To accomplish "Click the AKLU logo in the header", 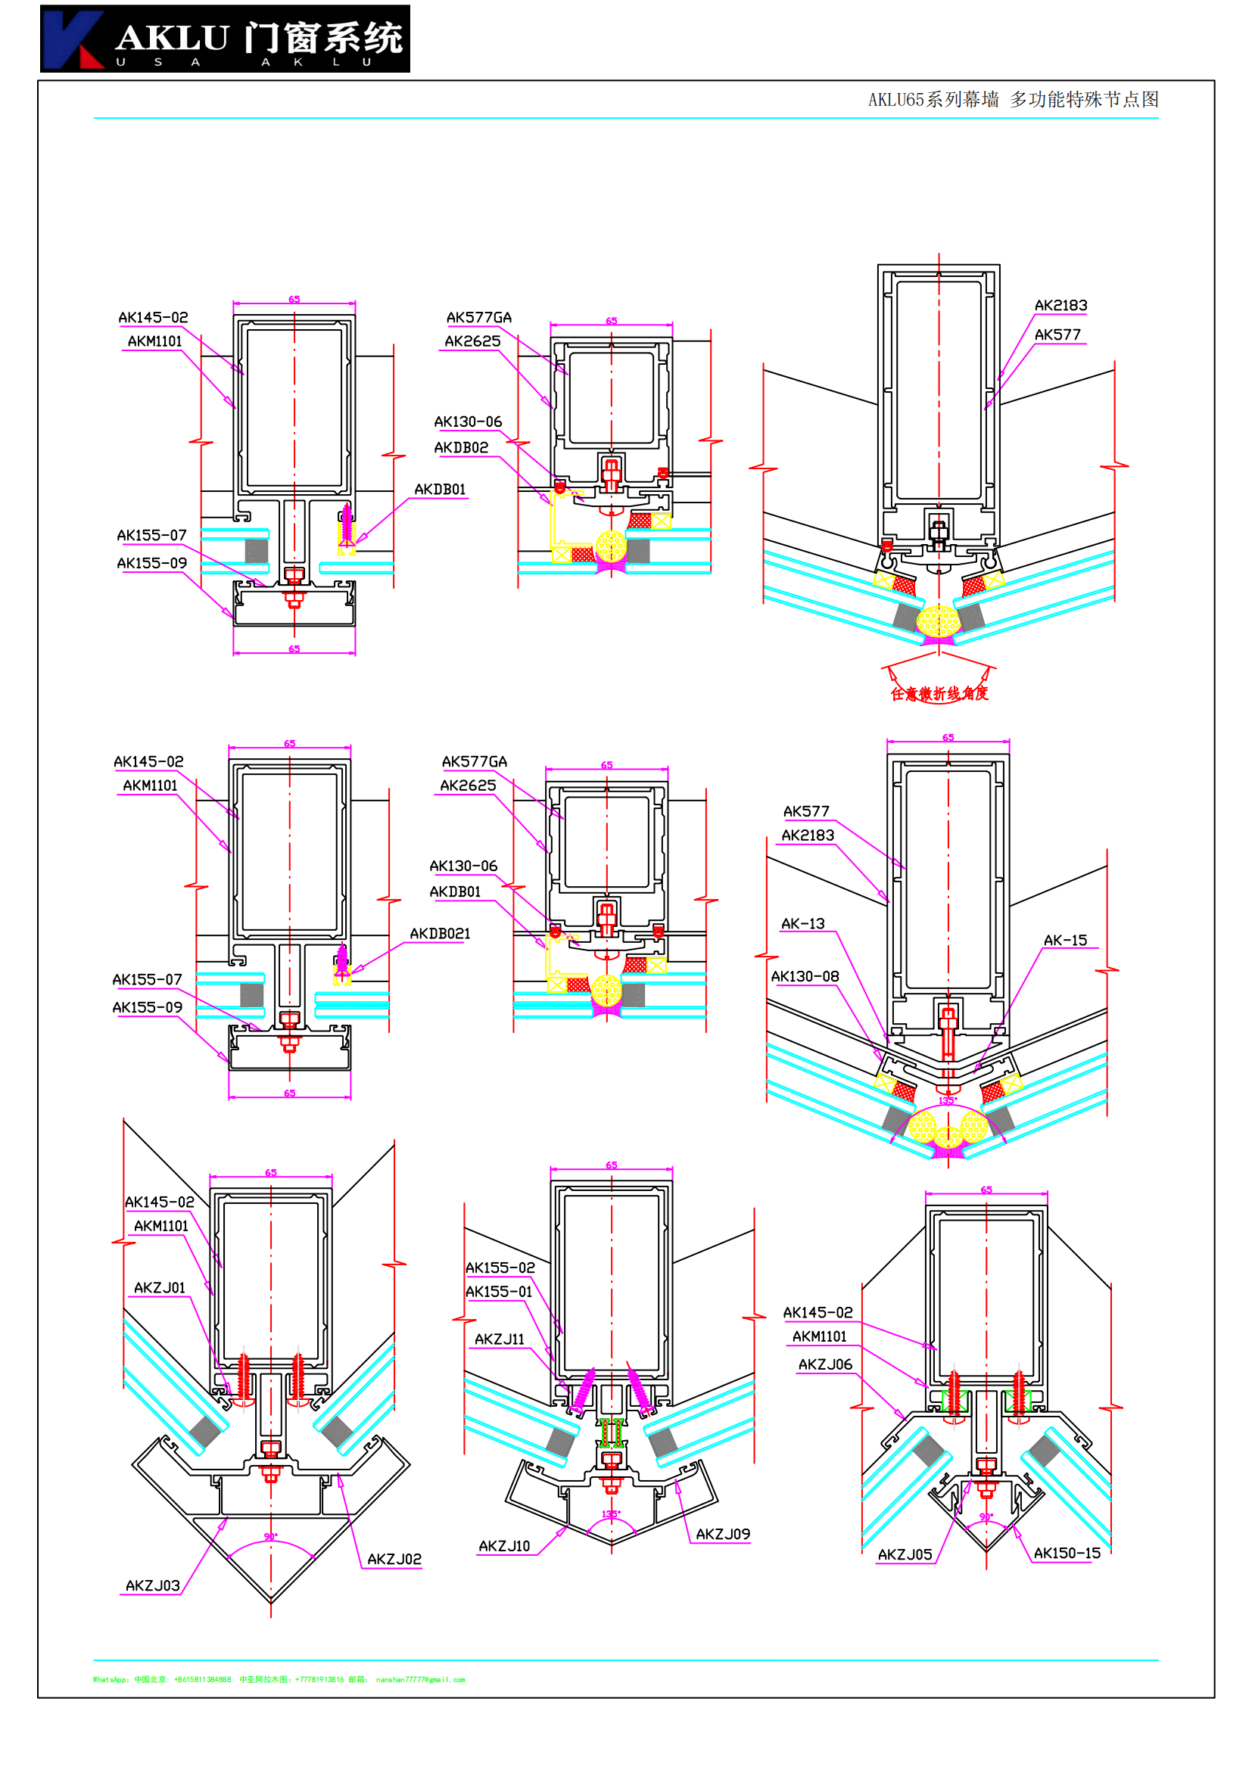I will tap(224, 39).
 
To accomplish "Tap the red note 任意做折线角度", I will tap(939, 694).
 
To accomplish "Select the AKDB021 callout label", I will tap(440, 934).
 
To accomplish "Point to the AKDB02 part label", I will tap(461, 448).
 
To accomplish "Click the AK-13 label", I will tap(802, 923).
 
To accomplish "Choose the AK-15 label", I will tap(1065, 941).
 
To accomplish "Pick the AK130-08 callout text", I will tap(805, 977).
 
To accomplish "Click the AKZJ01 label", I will tap(160, 1288).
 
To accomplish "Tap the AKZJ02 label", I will tap(394, 1560).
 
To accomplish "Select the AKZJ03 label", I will tap(153, 1586).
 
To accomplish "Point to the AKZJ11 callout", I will tap(499, 1340).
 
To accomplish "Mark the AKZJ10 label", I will tap(504, 1547).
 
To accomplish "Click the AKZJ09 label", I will tap(722, 1535).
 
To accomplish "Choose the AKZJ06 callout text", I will tap(825, 1365).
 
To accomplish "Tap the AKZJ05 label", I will tap(905, 1555).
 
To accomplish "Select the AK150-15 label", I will tap(1067, 1554).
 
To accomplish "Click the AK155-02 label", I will tap(500, 1268).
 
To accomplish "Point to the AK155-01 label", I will tap(499, 1292).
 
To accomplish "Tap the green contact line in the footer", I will tap(279, 1680).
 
